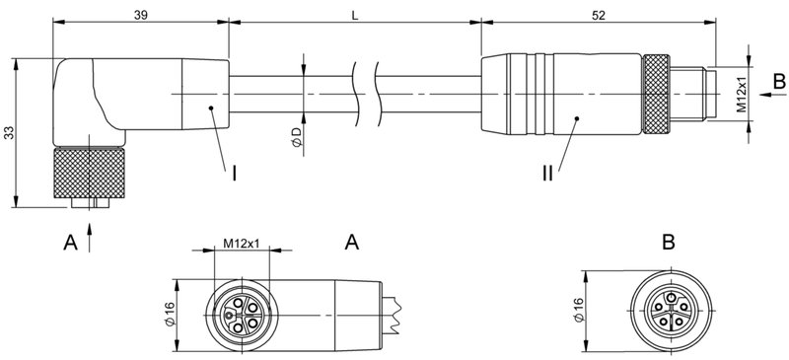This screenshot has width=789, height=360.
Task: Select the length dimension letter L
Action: click(353, 15)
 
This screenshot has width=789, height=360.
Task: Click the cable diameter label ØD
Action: click(295, 139)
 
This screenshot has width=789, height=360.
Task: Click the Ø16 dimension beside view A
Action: click(169, 314)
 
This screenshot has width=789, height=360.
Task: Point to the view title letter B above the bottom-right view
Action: click(669, 242)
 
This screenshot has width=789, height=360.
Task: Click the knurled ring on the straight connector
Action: click(655, 96)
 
